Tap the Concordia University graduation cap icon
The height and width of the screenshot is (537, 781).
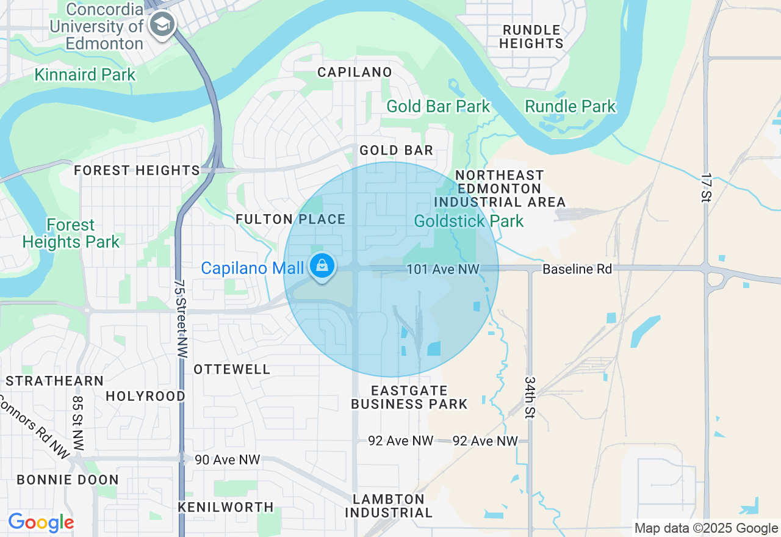[x=162, y=25]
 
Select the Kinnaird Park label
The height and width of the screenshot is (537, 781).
[x=85, y=75]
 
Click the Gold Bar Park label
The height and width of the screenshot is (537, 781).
[x=438, y=106]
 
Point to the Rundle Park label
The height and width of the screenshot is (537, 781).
[x=570, y=106]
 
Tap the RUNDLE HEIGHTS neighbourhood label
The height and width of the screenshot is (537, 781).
[x=531, y=37]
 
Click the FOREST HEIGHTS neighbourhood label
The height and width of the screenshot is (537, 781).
[x=137, y=171]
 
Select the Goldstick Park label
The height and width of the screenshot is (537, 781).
[x=469, y=221]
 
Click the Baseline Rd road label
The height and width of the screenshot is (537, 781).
[x=577, y=269]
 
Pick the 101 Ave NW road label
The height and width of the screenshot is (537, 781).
[x=443, y=269]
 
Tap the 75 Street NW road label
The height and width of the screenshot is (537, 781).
[x=181, y=318]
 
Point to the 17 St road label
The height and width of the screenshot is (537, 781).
[x=706, y=188]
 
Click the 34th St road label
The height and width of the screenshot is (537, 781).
[x=529, y=397]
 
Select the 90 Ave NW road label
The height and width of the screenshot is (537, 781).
[x=227, y=460]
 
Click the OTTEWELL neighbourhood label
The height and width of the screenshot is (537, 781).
[x=232, y=370]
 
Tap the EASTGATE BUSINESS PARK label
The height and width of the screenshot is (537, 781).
[x=409, y=397]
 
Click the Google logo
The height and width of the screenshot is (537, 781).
[x=41, y=523]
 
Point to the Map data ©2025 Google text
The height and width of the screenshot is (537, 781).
[x=706, y=528]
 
